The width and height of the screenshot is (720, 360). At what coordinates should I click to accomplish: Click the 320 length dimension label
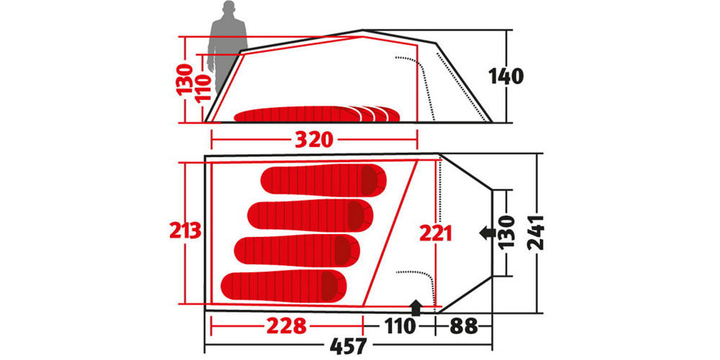313,140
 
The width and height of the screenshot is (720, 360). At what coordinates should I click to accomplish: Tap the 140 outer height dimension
505,76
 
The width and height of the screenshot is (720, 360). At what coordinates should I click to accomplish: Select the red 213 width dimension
186,230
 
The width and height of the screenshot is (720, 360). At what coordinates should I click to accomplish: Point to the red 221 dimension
436,234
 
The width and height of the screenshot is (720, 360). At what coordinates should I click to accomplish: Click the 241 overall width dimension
536,233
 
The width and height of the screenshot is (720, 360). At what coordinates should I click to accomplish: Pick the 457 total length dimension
348,346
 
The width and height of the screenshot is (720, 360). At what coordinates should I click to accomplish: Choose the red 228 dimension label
286,326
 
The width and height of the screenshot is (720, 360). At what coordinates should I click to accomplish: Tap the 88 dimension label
463,326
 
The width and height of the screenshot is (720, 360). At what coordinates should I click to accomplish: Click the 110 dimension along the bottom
397,326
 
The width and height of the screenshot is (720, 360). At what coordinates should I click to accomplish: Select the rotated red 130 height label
185,79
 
